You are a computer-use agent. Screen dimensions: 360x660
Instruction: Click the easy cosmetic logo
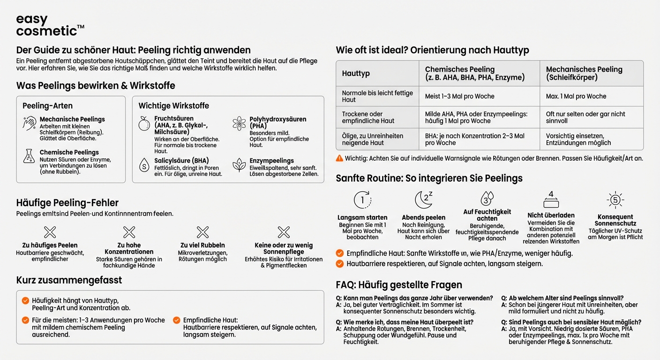49,26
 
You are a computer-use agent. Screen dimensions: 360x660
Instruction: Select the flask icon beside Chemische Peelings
29,156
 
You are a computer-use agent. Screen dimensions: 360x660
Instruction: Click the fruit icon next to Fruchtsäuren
144,124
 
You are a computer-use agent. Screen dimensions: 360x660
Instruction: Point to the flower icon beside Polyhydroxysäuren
239,123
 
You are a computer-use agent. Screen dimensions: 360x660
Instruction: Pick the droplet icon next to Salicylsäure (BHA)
144,165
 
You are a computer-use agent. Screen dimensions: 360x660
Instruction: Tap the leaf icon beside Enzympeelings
239,165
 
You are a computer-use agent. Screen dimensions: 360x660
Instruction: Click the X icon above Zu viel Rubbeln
202,232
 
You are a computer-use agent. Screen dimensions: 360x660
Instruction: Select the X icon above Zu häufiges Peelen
50,232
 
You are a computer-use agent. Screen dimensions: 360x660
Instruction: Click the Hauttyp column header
356,74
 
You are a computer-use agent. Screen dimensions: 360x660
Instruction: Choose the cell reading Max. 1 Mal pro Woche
576,96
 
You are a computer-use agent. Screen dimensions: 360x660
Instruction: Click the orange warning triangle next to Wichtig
339,158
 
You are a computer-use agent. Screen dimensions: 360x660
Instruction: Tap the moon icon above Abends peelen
423,200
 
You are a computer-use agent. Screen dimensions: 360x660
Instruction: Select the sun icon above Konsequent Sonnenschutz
615,200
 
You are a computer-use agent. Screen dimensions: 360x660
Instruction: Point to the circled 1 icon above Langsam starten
362,200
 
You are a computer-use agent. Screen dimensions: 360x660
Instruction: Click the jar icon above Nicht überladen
551,200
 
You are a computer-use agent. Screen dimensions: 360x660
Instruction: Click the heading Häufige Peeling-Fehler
67,203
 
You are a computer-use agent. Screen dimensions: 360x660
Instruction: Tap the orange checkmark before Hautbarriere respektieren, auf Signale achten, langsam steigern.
340,264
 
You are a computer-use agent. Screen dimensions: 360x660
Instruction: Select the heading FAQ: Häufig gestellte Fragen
399,285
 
